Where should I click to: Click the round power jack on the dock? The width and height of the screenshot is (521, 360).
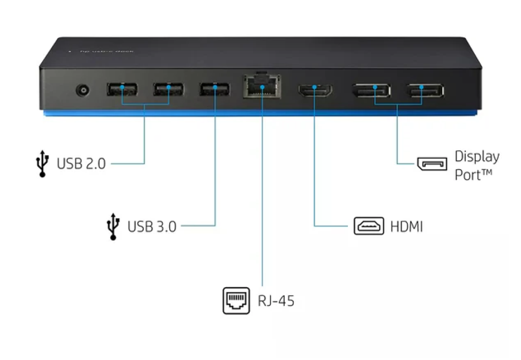[x=82, y=91]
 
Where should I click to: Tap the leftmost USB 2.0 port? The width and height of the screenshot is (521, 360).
[x=122, y=89]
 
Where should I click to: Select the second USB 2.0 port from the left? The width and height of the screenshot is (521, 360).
[x=168, y=89]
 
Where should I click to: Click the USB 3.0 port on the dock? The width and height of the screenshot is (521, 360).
[x=215, y=89]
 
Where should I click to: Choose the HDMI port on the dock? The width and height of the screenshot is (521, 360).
[x=315, y=90]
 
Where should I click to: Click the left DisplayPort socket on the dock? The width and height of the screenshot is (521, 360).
[x=371, y=90]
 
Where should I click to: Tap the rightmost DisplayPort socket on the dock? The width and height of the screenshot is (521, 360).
[x=426, y=90]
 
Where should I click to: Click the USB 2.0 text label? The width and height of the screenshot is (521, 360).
[x=81, y=164]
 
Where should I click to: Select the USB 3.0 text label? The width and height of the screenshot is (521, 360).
[x=152, y=227]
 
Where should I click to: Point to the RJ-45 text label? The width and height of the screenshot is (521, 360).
[x=276, y=300]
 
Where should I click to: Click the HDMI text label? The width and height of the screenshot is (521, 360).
[x=406, y=227]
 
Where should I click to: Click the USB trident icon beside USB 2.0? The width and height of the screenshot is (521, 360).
[x=43, y=164]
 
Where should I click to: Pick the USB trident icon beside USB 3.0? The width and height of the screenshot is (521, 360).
[x=114, y=227]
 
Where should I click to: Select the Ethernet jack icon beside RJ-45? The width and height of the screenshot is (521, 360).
[x=236, y=300]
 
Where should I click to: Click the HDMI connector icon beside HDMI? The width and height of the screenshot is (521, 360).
[x=369, y=226]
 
